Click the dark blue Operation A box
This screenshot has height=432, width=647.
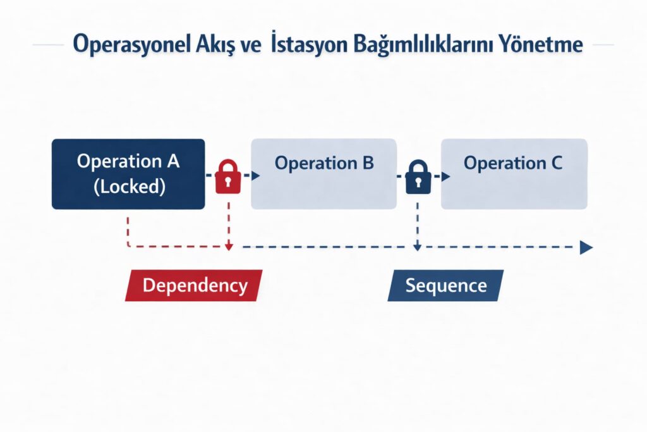128,174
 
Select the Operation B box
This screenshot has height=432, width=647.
324,174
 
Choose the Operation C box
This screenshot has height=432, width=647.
514,174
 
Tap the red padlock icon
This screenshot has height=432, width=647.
227,176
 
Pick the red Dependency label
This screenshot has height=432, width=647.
193,285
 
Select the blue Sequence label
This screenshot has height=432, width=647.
445,285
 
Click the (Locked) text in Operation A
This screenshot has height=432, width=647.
129,187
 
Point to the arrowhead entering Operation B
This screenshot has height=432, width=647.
255,176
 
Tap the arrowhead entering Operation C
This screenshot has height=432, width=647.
445,176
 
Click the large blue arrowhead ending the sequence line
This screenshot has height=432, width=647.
586,247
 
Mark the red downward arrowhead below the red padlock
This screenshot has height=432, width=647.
229,247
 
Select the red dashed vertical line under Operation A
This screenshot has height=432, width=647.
128,230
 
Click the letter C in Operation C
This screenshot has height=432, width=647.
556,163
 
